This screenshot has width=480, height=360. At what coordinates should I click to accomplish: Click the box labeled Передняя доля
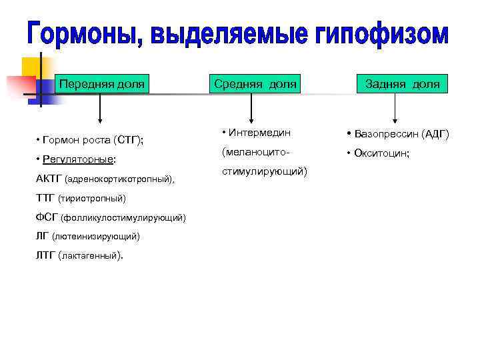[102, 84]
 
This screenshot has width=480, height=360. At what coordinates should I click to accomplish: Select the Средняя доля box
[254, 84]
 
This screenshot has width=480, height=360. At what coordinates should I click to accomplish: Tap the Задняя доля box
[402, 84]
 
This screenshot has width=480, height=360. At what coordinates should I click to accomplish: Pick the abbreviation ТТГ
[45, 198]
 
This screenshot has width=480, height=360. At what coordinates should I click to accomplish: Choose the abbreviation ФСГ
[47, 217]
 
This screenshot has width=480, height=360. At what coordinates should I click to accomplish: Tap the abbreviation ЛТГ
[46, 255]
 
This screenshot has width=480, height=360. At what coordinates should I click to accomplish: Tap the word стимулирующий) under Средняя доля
[264, 171]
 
